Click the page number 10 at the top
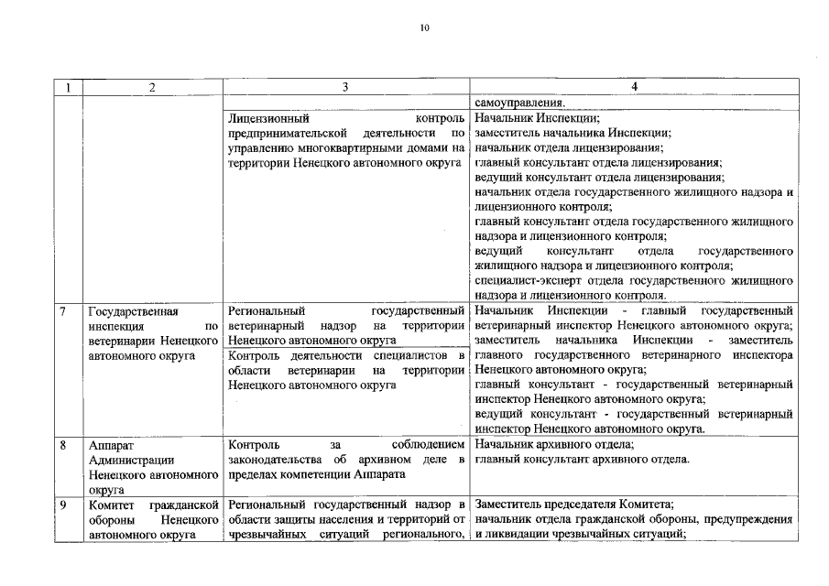[x=424, y=28]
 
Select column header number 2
[x=152, y=87]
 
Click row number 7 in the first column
[x=62, y=311]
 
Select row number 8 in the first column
[x=62, y=444]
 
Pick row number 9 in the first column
[x=62, y=505]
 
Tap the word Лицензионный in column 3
[x=269, y=118]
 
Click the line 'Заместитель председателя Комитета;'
[x=574, y=505]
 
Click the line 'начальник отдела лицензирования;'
[x=569, y=148]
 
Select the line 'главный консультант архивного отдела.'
[x=582, y=460]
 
